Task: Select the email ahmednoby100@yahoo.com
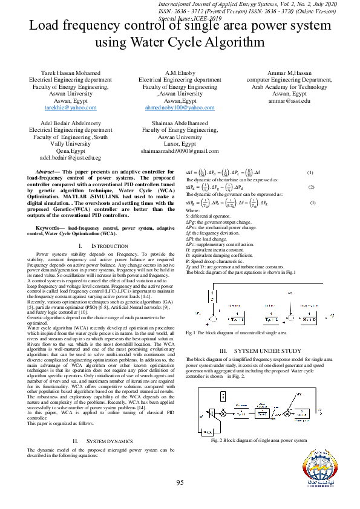pyautogui.click(x=180, y=107)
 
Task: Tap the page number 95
pyautogui.click(x=180, y=482)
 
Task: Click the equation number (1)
pyautogui.click(x=310, y=174)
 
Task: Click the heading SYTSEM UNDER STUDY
pyautogui.click(x=260, y=351)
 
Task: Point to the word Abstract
pyautogui.click(x=48, y=172)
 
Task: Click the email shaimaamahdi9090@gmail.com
pyautogui.click(x=180, y=151)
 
